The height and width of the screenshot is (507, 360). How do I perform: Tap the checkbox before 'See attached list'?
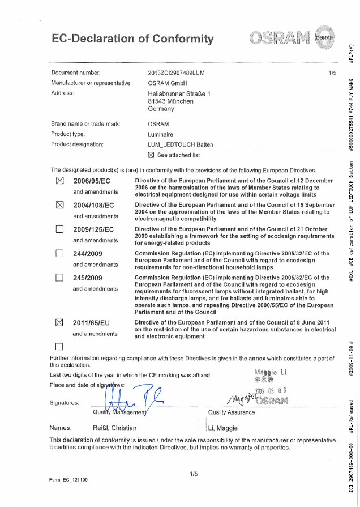[x=151, y=155]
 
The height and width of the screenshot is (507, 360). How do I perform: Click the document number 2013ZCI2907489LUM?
[x=176, y=73]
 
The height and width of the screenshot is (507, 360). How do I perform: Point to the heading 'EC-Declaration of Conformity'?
[x=133, y=39]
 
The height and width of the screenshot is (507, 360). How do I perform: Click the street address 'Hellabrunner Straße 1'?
[x=178, y=93]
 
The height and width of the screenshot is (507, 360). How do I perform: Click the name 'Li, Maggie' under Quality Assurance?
[x=224, y=428]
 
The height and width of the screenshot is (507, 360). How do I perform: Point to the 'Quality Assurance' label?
[x=232, y=412]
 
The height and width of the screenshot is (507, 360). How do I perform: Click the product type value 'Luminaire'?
[x=161, y=134]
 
